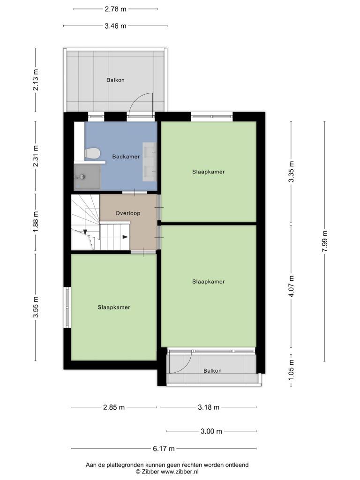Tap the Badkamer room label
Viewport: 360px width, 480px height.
point(126,157)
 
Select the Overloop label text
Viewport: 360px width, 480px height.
point(128,213)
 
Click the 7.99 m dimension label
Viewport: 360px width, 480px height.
point(325,241)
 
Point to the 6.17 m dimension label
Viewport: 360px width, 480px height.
point(164,449)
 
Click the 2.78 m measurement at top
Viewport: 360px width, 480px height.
point(115,9)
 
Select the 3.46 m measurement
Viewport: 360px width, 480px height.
point(115,26)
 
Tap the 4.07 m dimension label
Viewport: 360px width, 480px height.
point(292,286)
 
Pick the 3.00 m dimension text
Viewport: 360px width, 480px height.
point(211,431)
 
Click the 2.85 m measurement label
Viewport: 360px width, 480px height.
point(114,407)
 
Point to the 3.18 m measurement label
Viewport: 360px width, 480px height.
point(209,407)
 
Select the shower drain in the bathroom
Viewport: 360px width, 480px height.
point(82,177)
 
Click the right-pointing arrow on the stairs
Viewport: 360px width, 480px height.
point(125,237)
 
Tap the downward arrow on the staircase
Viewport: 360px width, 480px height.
point(85,232)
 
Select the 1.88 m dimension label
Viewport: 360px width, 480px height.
point(36,222)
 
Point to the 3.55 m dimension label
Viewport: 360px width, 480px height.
point(36,307)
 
